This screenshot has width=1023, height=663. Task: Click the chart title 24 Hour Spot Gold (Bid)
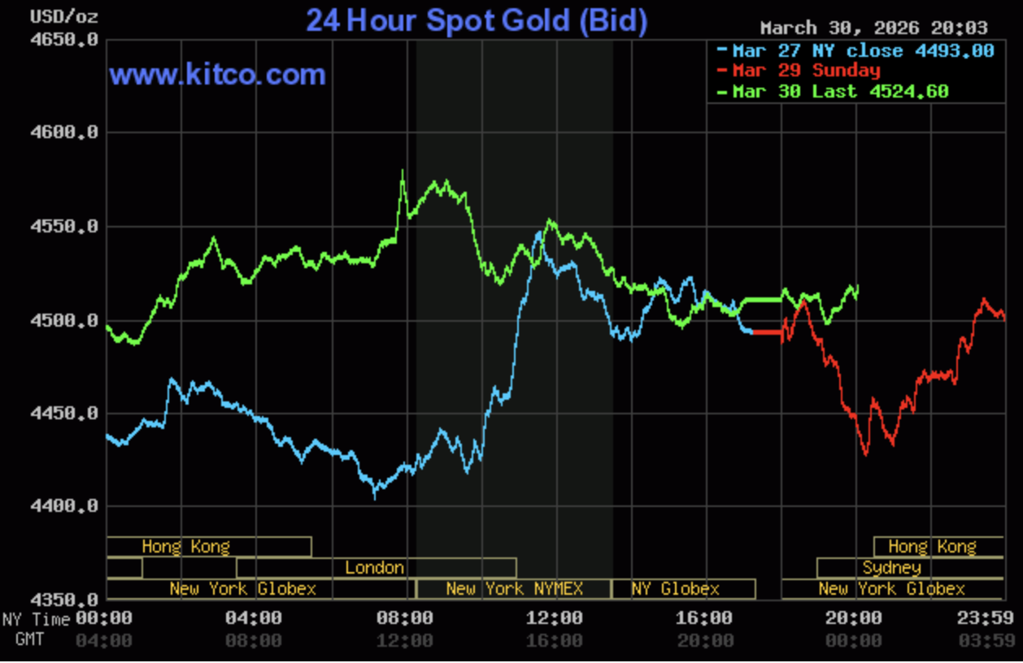tap(476, 21)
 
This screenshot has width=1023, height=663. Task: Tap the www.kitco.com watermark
tap(217, 75)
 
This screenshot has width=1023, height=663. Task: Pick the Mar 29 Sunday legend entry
tap(805, 71)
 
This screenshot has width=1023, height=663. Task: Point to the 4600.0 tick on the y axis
tap(65, 132)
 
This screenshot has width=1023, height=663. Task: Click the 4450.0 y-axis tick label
tap(65, 414)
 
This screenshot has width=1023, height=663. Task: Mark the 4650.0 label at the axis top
tap(65, 39)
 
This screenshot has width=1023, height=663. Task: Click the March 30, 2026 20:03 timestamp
tap(874, 28)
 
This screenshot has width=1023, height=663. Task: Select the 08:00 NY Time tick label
tap(404, 618)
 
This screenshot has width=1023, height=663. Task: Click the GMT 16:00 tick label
tap(554, 640)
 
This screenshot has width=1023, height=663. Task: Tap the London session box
tap(375, 567)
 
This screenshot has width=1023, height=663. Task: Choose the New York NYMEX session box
tap(513, 588)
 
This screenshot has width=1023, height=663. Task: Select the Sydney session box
tap(892, 567)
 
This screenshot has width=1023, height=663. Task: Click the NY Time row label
tap(36, 619)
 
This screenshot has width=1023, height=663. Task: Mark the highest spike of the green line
tap(403, 171)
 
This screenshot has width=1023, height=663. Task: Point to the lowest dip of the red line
tap(865, 454)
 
